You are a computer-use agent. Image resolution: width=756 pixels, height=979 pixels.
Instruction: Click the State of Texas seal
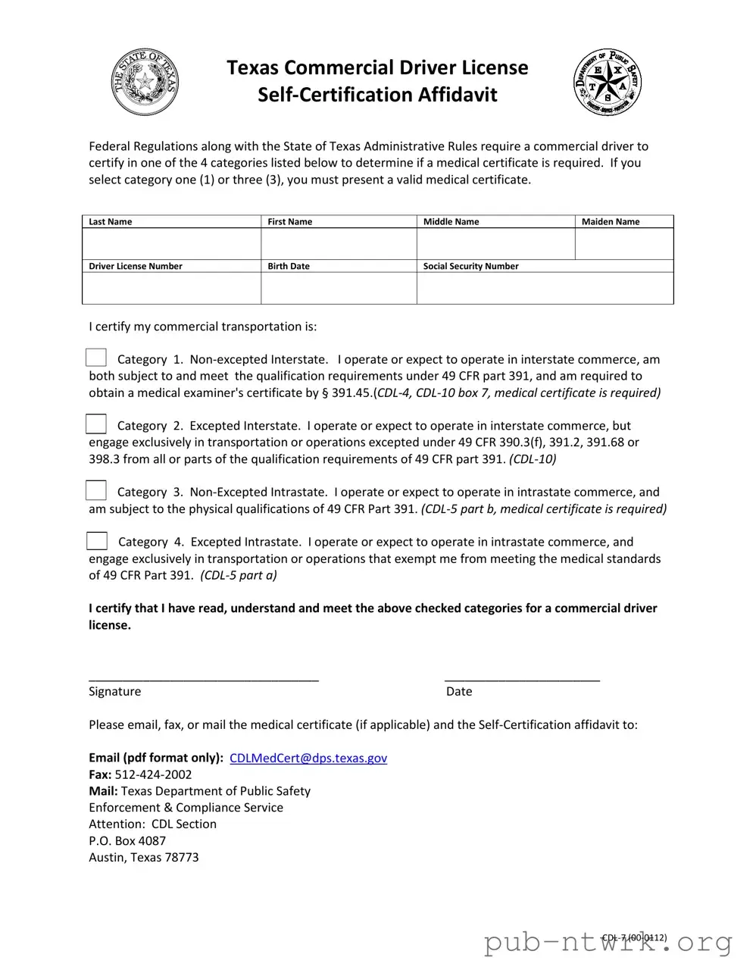coord(145,82)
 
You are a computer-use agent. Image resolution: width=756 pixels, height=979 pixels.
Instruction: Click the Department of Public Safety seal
coord(608,82)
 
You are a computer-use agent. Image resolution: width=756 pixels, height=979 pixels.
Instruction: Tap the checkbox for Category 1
coord(96,358)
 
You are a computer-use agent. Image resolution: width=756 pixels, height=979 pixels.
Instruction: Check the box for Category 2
coord(96,424)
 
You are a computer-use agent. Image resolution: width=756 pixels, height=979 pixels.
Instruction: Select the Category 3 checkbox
coord(96,491)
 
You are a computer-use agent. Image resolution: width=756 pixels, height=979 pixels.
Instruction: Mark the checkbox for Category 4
coord(96,541)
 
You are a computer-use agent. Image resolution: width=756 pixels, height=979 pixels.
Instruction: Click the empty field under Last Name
coord(171,244)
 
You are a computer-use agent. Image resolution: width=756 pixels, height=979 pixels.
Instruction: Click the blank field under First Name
coord(339,244)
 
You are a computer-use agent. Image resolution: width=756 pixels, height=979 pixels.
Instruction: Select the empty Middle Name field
coord(495,244)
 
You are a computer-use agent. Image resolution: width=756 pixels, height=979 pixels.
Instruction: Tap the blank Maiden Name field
coord(624,244)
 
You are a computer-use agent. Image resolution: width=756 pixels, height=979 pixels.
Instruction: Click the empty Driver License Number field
coord(171,288)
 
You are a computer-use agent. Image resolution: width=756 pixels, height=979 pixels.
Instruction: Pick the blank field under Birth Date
coord(339,288)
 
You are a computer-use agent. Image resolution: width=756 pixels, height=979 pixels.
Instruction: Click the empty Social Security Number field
coord(545,288)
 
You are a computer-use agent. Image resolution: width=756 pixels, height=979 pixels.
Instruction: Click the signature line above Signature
coord(203,677)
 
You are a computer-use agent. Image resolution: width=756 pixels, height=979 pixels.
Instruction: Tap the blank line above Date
coord(522,677)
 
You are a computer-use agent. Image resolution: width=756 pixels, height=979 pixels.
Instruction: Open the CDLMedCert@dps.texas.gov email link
coord(308,758)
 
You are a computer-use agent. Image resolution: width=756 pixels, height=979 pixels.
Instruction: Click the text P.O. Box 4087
coord(127,840)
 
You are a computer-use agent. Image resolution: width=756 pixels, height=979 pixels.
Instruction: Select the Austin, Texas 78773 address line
coord(144,857)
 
